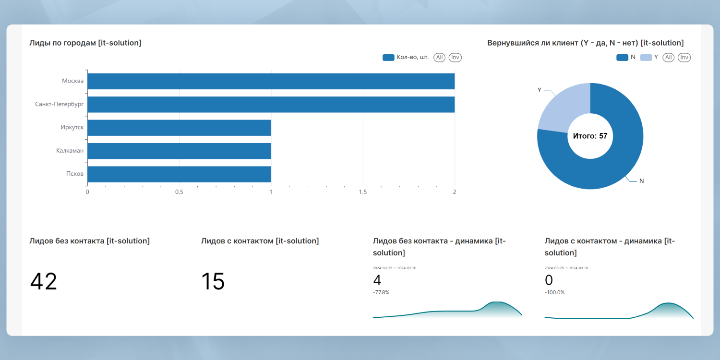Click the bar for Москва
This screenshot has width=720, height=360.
coord(271,81)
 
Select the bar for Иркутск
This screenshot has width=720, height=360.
coord(179,128)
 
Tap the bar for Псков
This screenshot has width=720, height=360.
coord(179,174)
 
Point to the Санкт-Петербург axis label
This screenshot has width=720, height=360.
coord(59,104)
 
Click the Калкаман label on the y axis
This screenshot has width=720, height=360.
coord(70,151)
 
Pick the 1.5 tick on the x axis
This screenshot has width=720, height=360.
coord(363,192)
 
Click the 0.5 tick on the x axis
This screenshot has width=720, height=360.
coord(179,192)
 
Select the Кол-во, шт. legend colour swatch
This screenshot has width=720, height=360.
coord(388,58)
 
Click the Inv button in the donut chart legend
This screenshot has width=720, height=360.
coord(684,58)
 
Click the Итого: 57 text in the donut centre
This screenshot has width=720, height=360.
coord(590,136)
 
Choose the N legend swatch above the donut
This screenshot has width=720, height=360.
coord(622,58)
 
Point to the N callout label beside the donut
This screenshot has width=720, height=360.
coord(641,181)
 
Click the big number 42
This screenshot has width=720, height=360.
coord(44,281)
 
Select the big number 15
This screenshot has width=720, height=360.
coord(213,281)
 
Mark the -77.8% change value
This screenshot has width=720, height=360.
coord(381,292)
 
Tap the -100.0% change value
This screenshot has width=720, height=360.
coord(554,292)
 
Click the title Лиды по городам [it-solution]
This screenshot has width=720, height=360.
coord(85,43)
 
